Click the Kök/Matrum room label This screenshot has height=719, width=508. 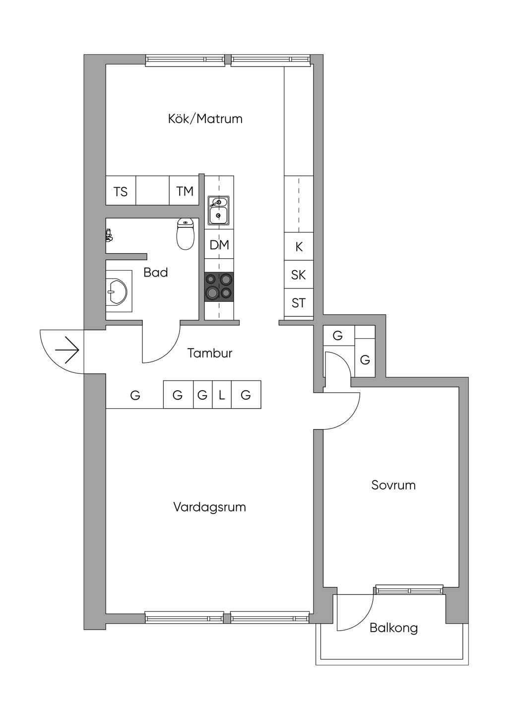point(205,119)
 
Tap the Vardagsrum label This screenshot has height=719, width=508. point(209,507)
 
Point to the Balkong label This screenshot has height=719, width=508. point(393,628)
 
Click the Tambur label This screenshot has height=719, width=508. point(210,353)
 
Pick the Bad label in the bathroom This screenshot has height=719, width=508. point(156,273)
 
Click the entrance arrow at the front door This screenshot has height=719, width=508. point(67,350)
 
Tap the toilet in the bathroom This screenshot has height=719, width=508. point(186,233)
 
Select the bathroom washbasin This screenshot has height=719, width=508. point(119,291)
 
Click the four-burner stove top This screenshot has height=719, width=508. point(219,287)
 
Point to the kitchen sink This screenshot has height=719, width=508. point(218,210)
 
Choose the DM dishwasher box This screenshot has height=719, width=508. point(219,245)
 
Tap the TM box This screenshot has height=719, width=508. point(184,191)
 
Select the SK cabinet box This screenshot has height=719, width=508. point(299,275)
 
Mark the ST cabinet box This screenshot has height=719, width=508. point(299,303)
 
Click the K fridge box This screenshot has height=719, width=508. point(299,246)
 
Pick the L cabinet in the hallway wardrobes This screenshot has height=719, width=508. point(222,395)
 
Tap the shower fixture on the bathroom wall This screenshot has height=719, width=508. point(109,235)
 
